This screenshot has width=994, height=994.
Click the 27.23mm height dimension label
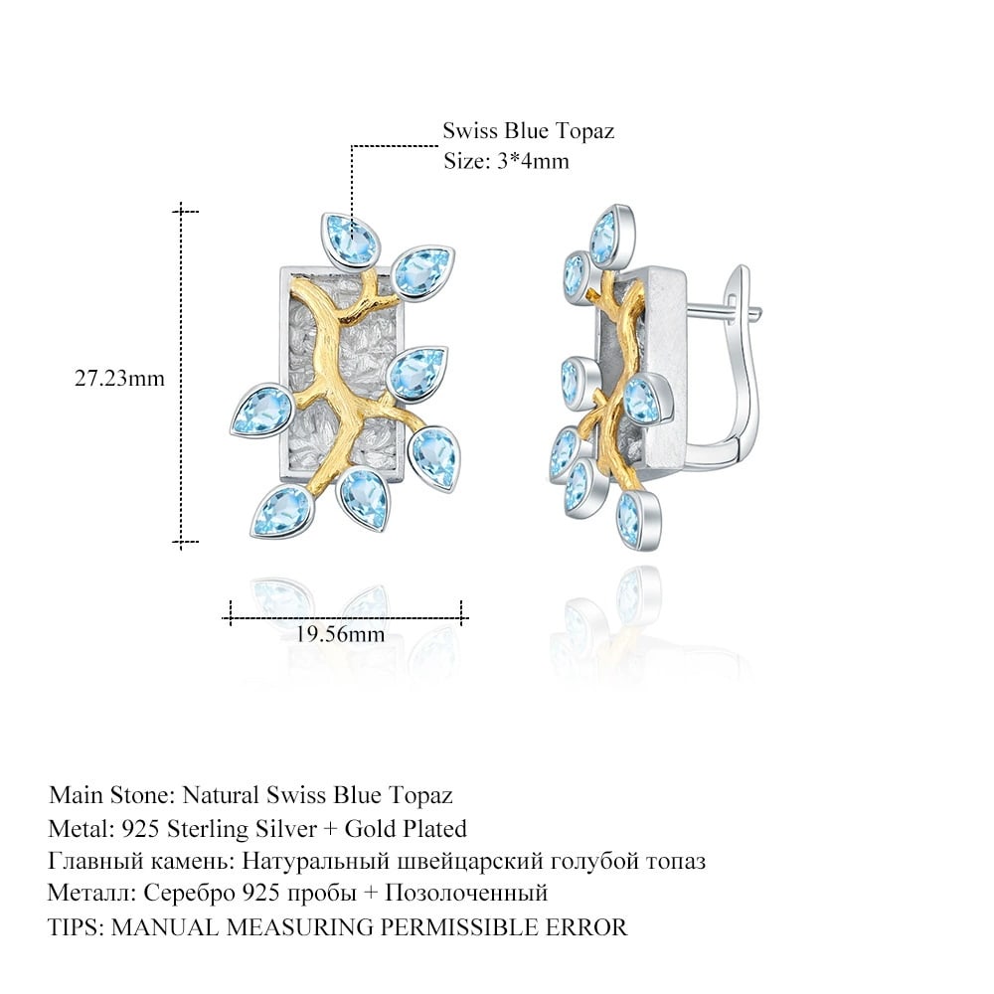(x=120, y=379)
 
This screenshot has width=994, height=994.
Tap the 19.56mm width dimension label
(x=340, y=634)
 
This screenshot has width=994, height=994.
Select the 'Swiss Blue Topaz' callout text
(x=529, y=130)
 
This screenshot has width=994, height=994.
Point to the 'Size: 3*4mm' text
(x=507, y=161)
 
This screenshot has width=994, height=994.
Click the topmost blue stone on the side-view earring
(x=611, y=234)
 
